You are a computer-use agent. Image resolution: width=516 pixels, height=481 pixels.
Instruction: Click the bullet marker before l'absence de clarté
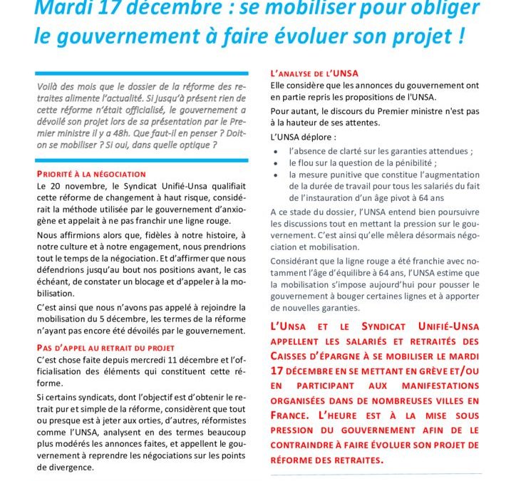click(x=276, y=152)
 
